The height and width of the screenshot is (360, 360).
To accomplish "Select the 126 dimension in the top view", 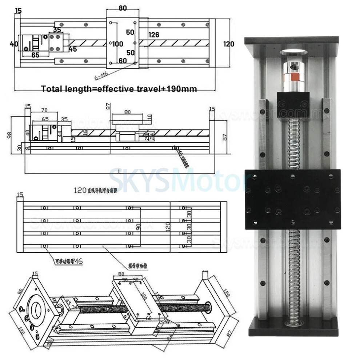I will pos(154,35).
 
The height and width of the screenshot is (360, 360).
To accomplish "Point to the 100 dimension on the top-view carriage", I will pos(118,44).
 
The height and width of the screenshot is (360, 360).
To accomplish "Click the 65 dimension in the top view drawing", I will pos(35,55).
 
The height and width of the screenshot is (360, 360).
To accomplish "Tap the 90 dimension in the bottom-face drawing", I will pos(138,227).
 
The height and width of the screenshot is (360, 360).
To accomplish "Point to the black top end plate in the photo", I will pos(291,40).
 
